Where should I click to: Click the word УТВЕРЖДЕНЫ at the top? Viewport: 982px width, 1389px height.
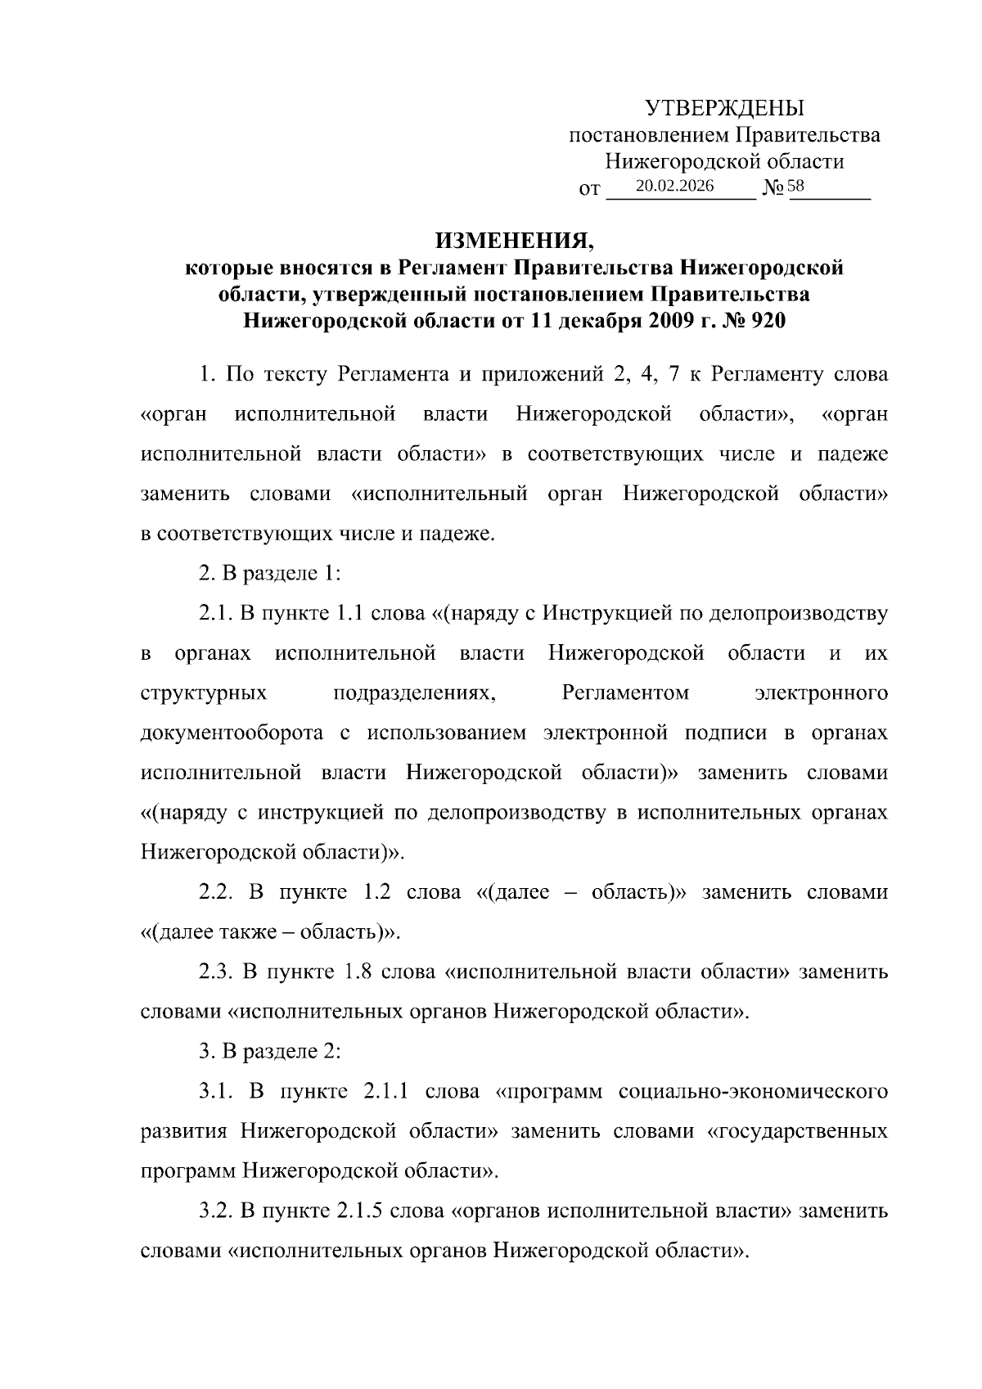tap(724, 108)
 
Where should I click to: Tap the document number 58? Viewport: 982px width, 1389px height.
tap(796, 187)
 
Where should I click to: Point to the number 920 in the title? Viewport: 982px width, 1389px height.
tap(767, 321)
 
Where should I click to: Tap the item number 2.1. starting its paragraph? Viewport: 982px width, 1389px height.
tap(217, 613)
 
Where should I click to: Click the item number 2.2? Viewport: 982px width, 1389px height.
tap(217, 892)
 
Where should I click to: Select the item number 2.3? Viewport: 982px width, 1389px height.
tap(217, 972)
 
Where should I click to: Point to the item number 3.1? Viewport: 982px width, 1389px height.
tap(217, 1091)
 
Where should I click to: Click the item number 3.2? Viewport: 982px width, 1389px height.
tap(217, 1211)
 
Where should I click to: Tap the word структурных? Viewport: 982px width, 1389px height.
tap(204, 693)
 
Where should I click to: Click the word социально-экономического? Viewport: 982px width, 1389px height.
tap(754, 1091)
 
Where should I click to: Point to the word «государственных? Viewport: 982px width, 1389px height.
tap(797, 1131)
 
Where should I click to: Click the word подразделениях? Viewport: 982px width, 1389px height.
tap(415, 693)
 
